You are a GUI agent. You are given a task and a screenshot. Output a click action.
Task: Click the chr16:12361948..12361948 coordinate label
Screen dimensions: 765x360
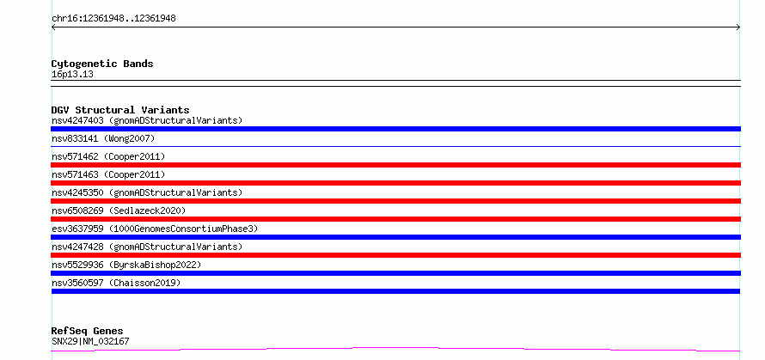click(113, 19)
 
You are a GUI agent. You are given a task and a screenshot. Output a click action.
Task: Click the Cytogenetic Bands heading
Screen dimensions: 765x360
click(102, 64)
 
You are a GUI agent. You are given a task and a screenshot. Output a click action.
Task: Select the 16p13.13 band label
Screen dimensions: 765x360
click(72, 75)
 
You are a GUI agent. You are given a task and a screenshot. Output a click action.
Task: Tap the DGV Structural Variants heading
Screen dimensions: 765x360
click(120, 110)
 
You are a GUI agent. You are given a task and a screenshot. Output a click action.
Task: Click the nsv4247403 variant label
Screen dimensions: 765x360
click(147, 120)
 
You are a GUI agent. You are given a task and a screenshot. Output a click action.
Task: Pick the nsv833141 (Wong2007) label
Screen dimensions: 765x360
click(103, 138)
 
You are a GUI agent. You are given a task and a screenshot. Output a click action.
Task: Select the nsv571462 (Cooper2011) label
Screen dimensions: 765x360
click(108, 156)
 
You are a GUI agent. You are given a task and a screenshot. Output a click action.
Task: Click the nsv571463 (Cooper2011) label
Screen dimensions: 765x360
click(108, 174)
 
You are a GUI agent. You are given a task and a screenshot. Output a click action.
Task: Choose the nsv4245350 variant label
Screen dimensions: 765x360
click(147, 192)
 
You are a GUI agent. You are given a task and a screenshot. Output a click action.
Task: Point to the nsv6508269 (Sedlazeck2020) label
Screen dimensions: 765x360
click(119, 211)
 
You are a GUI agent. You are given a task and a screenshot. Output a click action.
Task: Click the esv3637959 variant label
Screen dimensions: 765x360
click(155, 229)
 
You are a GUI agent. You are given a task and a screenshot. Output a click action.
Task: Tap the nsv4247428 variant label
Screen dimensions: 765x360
click(147, 247)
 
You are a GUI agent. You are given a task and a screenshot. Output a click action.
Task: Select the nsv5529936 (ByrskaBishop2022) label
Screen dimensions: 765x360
click(126, 265)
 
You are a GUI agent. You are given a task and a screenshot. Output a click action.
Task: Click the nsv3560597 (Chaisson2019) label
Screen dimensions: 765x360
click(116, 283)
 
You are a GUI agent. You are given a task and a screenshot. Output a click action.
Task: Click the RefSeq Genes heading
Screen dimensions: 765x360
click(87, 331)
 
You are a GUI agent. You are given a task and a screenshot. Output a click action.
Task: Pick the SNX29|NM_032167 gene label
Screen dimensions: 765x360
click(90, 341)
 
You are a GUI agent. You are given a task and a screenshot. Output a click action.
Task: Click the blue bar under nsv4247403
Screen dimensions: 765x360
click(395, 129)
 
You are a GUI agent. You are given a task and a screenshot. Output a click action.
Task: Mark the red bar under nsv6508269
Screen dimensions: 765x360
click(395, 219)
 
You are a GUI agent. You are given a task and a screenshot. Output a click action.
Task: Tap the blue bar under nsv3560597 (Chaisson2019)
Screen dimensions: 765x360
click(395, 291)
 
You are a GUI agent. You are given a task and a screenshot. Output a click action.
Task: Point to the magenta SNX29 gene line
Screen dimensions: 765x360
click(395, 349)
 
